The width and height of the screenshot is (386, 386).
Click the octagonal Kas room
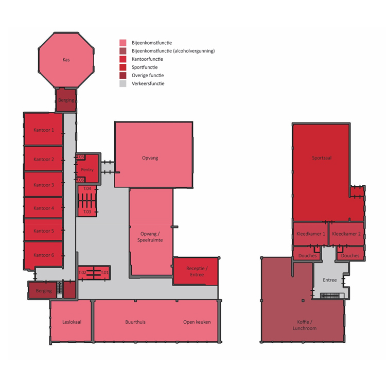[x=66, y=60]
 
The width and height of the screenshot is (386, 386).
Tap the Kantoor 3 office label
[x=44, y=185]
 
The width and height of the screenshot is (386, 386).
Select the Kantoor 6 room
[x=43, y=255]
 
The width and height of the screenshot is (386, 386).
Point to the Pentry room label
[x=87, y=170]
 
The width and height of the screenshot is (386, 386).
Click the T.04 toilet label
[x=87, y=188]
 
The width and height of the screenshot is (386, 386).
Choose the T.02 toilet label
[x=82, y=272]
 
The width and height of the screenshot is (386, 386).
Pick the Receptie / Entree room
[x=196, y=271]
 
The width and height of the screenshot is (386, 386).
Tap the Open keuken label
[x=197, y=322]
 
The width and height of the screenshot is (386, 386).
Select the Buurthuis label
[x=135, y=322]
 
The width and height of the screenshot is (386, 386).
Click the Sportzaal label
[x=322, y=158]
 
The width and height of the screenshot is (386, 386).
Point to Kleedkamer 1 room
[x=311, y=234]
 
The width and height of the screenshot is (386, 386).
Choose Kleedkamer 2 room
[x=346, y=234]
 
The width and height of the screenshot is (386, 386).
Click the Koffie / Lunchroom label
[x=305, y=325]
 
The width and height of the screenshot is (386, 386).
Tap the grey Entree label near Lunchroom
[x=329, y=280]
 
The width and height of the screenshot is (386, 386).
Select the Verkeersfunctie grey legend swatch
[x=123, y=83]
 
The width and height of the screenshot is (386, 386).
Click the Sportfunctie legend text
[x=145, y=67]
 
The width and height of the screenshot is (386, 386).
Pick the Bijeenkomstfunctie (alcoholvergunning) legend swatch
[x=123, y=51]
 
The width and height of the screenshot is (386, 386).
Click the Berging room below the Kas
[x=66, y=100]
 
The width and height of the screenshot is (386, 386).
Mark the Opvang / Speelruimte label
[x=150, y=237]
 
